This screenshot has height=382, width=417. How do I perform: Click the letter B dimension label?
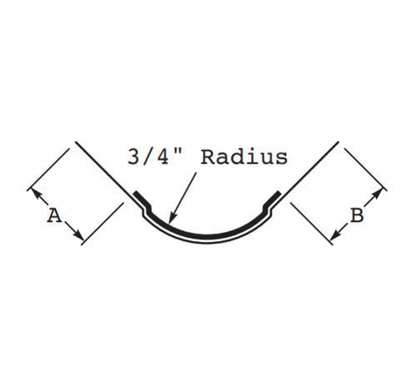[x=357, y=215]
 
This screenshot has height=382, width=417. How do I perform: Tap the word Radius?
[x=244, y=157]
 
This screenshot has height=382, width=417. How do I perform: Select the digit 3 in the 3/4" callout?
[x=134, y=157]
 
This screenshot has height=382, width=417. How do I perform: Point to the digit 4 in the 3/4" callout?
[x=163, y=157]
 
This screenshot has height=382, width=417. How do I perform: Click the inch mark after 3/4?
[x=179, y=152]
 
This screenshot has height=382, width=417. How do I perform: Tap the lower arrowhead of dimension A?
[x=78, y=236]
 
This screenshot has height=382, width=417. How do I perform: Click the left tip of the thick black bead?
[x=135, y=194]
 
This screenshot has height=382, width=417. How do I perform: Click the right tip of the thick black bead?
[x=279, y=193]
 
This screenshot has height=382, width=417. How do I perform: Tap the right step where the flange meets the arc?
[x=267, y=210]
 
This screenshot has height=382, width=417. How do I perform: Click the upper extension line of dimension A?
[x=48, y=169]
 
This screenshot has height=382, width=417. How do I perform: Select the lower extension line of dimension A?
[x=103, y=224]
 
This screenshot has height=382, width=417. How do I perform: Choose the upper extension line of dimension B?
[x=365, y=169]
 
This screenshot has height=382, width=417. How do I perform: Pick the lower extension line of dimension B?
[x=312, y=224]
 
